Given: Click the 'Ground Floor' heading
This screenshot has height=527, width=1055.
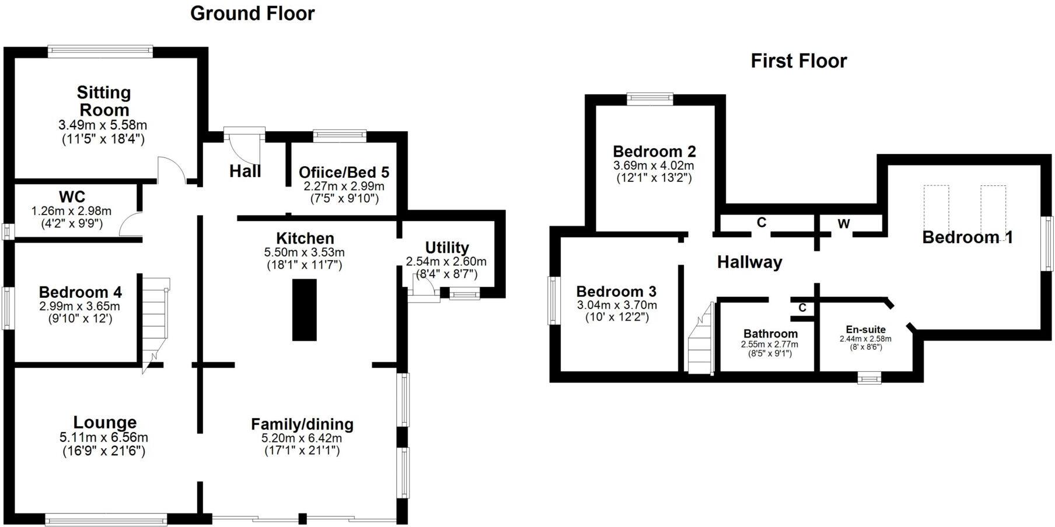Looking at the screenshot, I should (x=252, y=13).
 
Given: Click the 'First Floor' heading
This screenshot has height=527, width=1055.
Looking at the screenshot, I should (x=798, y=61).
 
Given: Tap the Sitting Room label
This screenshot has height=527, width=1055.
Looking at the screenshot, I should (x=104, y=101).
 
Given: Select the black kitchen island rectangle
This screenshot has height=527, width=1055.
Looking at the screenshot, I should (x=304, y=310).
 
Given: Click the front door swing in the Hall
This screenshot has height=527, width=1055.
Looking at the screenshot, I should (x=244, y=147).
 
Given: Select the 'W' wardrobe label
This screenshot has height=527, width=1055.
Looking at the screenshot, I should (x=844, y=223).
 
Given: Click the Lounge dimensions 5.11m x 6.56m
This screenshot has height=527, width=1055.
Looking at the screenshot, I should (x=104, y=437).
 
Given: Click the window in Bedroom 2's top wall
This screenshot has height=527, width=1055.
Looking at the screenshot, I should (x=649, y=99).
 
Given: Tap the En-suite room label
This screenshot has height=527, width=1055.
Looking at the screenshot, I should (x=865, y=329).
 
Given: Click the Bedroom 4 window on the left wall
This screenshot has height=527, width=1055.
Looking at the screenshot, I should (x=8, y=308).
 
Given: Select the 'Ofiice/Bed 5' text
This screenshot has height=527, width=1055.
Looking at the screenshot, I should (x=344, y=173).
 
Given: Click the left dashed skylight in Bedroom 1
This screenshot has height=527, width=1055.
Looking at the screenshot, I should (x=936, y=209).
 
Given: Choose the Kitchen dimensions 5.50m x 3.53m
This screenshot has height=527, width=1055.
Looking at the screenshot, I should (x=304, y=252).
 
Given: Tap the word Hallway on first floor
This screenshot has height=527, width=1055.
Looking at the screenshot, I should (x=749, y=262).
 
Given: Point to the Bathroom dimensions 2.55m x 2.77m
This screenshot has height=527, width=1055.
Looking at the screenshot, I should (x=769, y=344).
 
